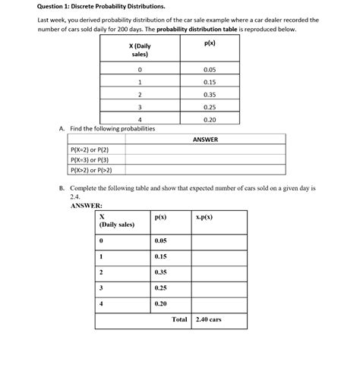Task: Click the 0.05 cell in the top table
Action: click(210, 69)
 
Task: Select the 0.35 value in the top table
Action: click(210, 94)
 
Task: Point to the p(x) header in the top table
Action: click(210, 46)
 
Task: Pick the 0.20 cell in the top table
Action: click(210, 119)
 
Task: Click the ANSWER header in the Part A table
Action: click(205, 139)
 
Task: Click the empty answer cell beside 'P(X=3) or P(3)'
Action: click(205, 160)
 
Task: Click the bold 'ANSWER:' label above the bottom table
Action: click(86, 205)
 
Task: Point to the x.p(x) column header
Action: click(204, 217)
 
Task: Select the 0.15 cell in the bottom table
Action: click(160, 256)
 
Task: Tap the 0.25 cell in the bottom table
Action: click(160, 288)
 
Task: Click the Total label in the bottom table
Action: click(179, 319)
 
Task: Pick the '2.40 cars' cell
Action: click(208, 319)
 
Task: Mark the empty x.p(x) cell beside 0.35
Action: click(219, 272)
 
